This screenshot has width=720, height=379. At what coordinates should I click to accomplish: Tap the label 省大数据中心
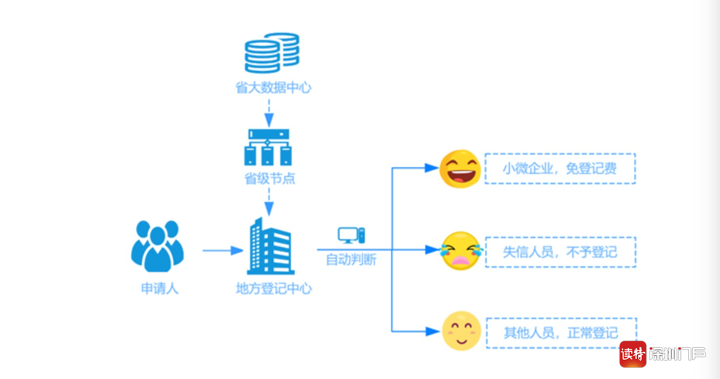click(273, 88)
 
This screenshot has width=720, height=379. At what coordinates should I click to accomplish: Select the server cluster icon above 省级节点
click(268, 147)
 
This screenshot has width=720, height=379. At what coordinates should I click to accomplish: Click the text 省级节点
click(269, 179)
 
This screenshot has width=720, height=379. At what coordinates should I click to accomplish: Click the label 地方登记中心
click(273, 289)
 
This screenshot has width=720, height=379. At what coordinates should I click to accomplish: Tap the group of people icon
click(157, 246)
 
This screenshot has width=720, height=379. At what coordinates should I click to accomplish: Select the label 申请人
click(160, 289)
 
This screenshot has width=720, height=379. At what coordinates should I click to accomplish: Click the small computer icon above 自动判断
click(351, 236)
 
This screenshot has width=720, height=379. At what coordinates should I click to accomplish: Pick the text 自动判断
click(351, 259)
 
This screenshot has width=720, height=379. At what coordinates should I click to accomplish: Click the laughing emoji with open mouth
click(460, 169)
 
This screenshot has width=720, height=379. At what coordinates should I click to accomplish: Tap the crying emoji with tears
click(460, 251)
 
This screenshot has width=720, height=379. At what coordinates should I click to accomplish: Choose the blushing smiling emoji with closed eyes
click(461, 331)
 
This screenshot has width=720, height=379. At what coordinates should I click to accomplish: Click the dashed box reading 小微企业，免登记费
click(560, 169)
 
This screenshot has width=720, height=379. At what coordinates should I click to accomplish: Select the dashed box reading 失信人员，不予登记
click(560, 252)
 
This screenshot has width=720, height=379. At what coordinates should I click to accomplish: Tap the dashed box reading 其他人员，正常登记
click(561, 333)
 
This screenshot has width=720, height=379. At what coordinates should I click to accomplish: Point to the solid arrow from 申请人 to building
click(222, 251)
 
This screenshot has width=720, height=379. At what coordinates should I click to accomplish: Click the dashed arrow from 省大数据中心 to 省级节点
click(269, 113)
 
